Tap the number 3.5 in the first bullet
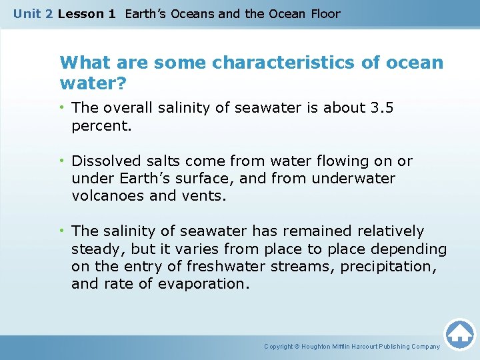(x=381, y=107)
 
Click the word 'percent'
(x=100, y=125)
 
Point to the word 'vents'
(x=207, y=196)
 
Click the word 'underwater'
(x=354, y=179)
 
